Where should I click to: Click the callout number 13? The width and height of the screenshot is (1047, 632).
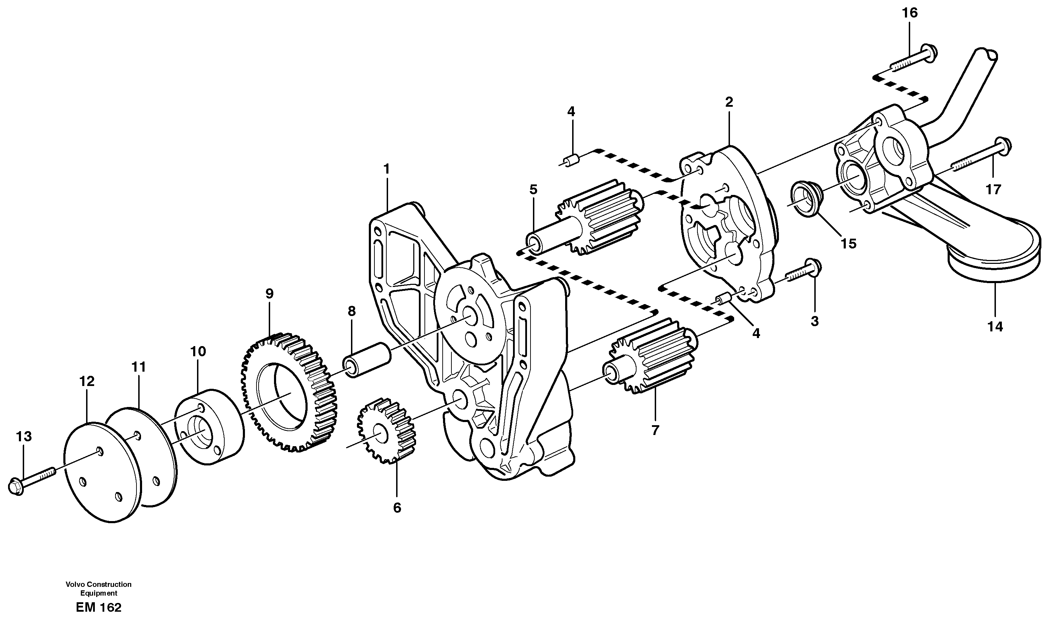24,436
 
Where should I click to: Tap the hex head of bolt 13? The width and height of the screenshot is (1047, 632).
16,486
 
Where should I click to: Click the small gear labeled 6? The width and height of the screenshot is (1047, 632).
386,430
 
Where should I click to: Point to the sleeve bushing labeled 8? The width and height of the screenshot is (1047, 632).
367,359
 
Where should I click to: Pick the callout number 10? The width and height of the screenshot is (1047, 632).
198,351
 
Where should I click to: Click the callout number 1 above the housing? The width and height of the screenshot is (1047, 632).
386,169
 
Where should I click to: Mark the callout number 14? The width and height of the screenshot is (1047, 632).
995,326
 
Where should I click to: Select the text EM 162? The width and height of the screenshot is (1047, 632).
99,608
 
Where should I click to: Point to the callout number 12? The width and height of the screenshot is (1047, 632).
87,381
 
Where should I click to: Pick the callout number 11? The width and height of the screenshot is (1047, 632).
139,367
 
